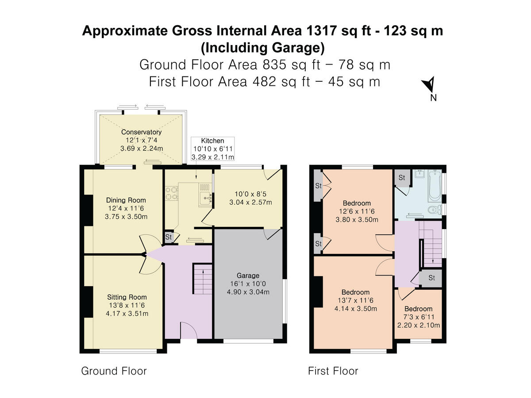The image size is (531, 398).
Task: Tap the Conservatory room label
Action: pos(141,132)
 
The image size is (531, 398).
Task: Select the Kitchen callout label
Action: pos(212,141)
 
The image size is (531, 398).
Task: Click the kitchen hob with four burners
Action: pos(172,193)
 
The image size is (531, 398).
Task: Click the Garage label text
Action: pos(248,276)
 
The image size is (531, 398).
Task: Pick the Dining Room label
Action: pos(126,200)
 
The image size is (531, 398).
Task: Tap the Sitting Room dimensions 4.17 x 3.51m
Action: pos(127,314)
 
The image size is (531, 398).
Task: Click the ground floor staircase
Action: pos(202,279)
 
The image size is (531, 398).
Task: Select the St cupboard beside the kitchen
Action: pos(169,237)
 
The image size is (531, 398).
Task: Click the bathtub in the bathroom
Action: pos(435,186)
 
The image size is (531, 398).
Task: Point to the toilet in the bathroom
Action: pos(435,210)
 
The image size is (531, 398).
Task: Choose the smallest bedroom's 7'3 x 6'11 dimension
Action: pos(419,317)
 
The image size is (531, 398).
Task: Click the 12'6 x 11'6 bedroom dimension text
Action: pos(357,211)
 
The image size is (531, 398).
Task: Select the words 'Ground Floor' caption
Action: pos(114,371)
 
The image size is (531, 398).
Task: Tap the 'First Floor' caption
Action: pos(333,371)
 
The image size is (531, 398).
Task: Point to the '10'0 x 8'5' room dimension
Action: pos(250,194)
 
